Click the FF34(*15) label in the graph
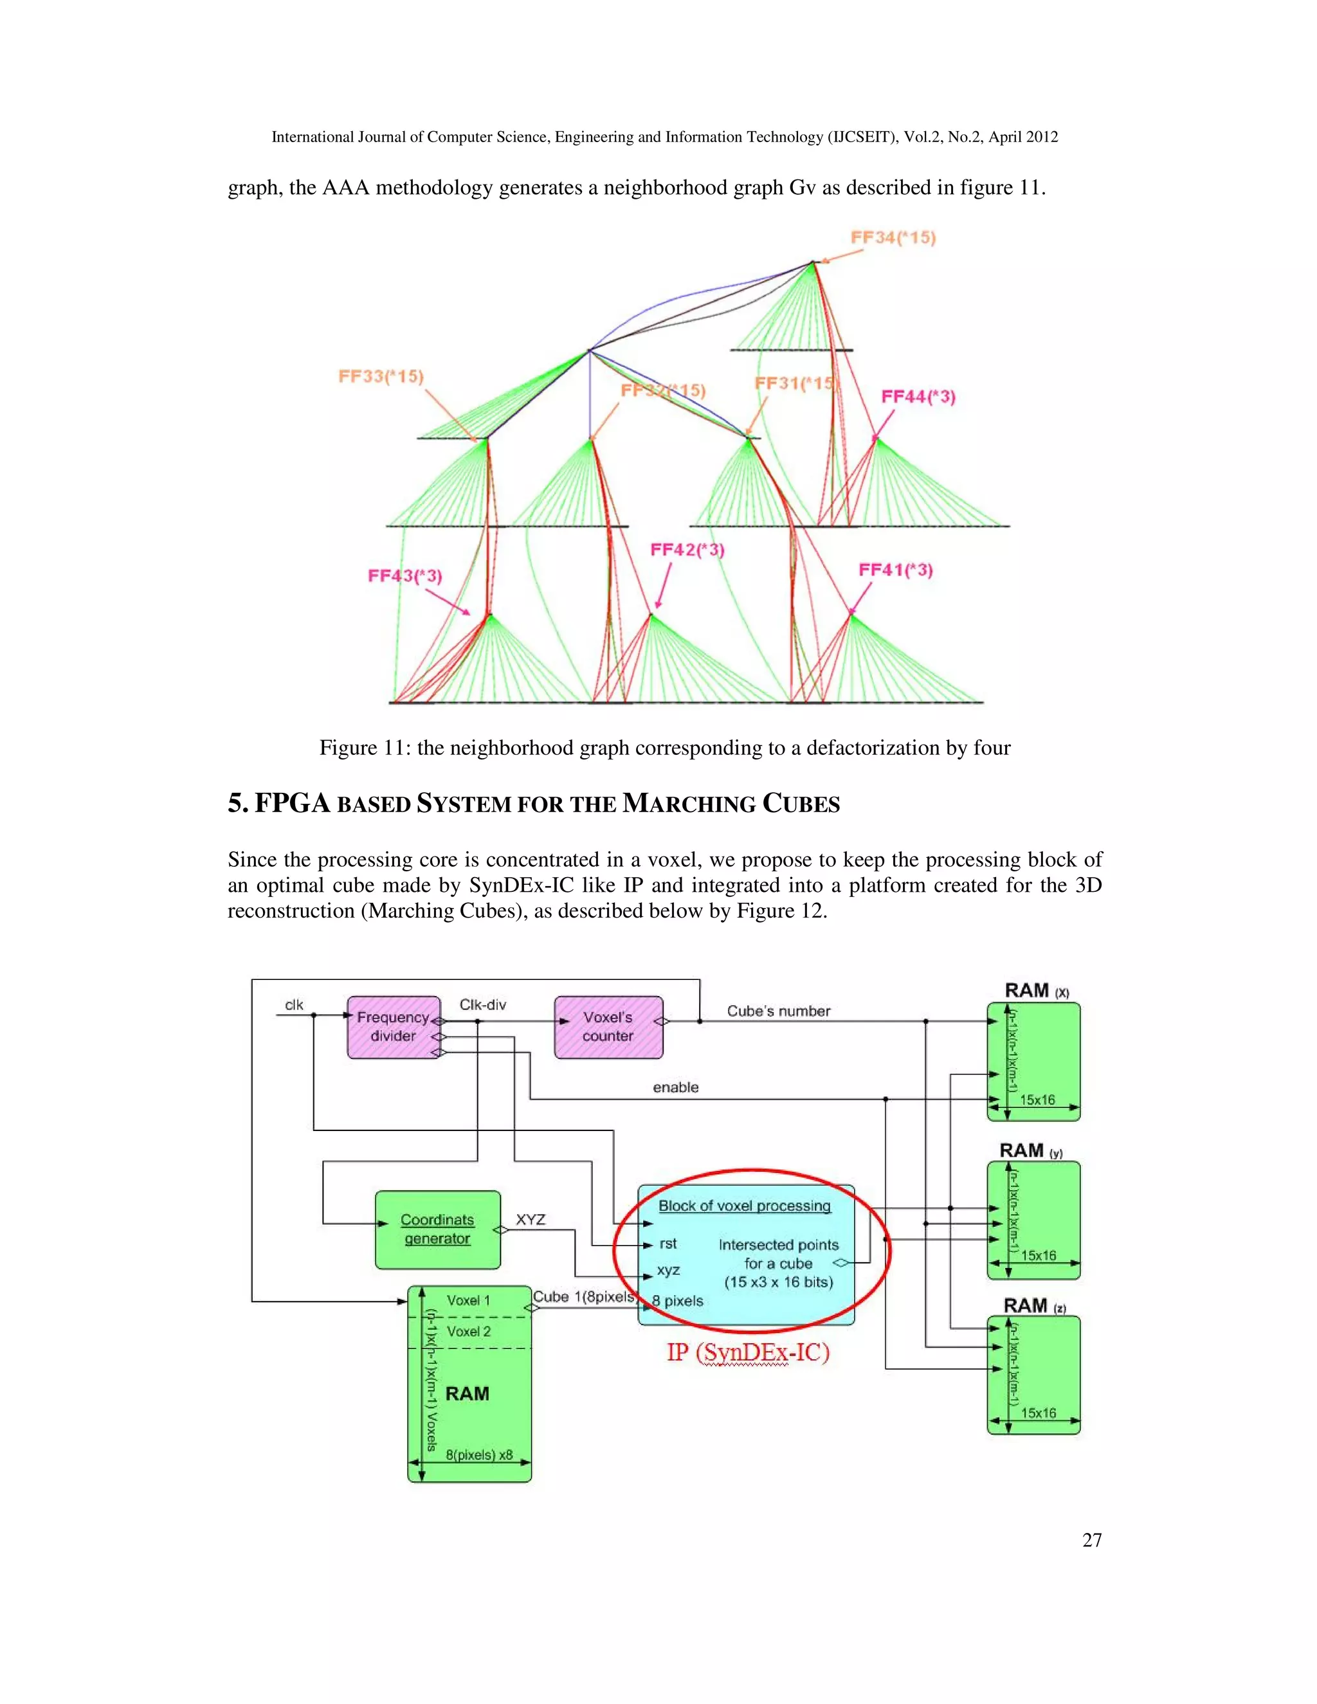point(893,237)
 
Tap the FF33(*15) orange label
point(381,376)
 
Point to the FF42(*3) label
point(687,550)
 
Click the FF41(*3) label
point(896,570)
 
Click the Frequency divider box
point(393,1027)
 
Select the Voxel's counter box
point(608,1027)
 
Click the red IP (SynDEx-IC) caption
point(747,1352)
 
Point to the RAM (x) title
point(1035,990)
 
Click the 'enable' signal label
point(676,1087)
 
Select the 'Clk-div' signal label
point(482,1004)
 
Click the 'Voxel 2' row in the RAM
point(469,1331)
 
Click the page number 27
point(1091,1539)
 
